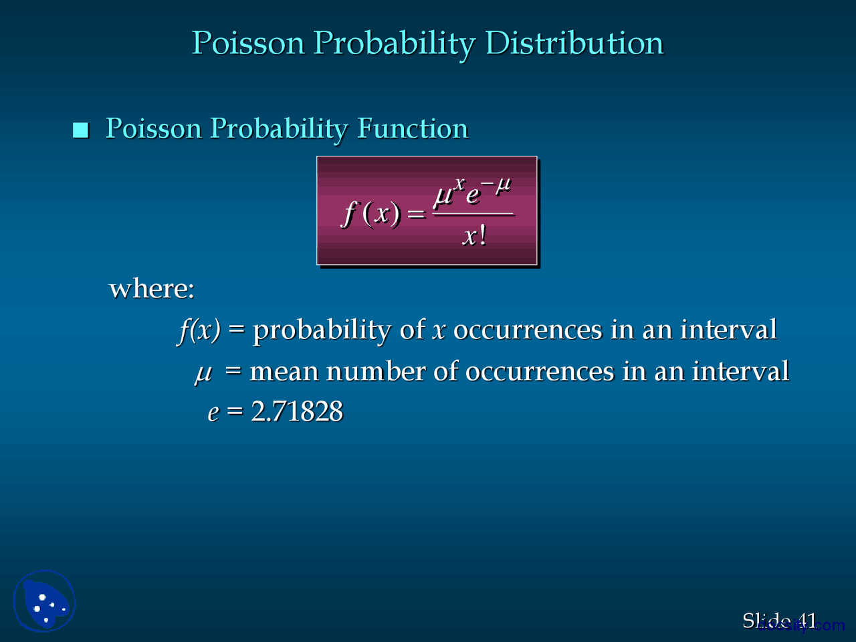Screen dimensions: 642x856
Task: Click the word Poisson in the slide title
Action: [248, 43]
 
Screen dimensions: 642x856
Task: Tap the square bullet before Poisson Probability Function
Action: [81, 130]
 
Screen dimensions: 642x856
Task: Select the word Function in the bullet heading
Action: [413, 128]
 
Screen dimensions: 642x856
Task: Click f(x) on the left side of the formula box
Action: [372, 214]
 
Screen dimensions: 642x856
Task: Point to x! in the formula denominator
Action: [474, 236]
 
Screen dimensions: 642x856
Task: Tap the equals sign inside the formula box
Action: [416, 215]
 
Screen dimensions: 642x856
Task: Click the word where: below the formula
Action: [152, 289]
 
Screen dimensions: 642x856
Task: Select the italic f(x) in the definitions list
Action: [199, 330]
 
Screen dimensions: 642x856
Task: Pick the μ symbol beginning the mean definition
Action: [203, 372]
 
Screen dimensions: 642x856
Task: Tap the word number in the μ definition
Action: [376, 372]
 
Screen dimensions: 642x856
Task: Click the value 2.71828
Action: [297, 412]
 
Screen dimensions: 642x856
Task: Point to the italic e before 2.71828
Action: [213, 413]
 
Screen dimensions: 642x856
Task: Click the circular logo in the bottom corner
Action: [44, 601]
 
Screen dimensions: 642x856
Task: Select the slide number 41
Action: [807, 621]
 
